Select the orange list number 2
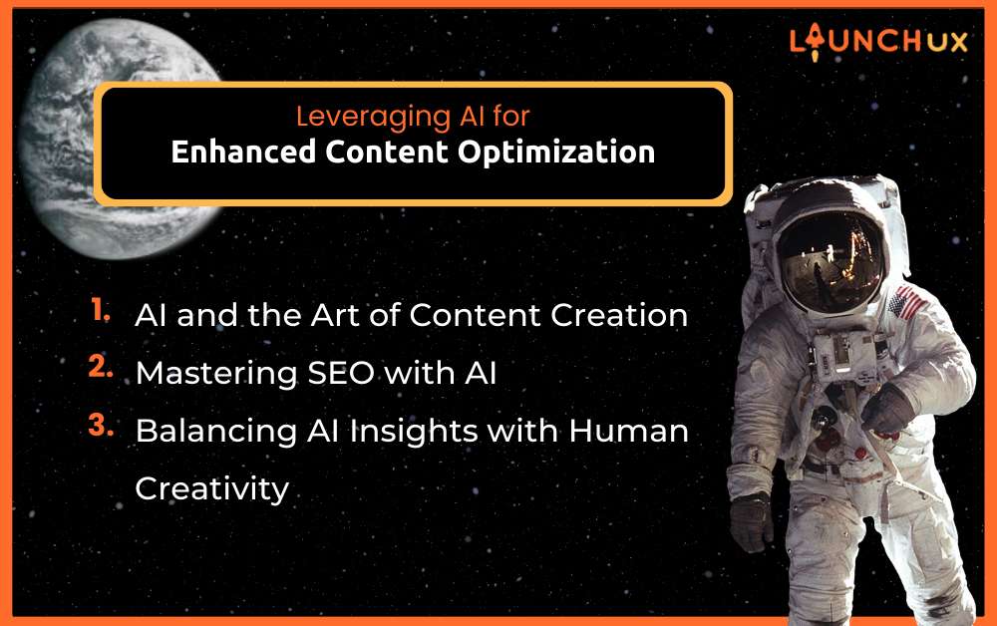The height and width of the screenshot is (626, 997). [x=101, y=367]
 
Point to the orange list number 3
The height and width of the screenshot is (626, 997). [x=101, y=426]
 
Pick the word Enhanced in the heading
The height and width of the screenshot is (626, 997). [x=243, y=152]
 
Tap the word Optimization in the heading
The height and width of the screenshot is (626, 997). [x=556, y=153]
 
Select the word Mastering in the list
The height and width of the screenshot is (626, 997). [x=216, y=374]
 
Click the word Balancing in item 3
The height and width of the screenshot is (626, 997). [x=216, y=432]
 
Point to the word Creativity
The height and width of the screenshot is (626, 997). [x=212, y=488]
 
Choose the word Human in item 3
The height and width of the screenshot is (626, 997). [x=628, y=431]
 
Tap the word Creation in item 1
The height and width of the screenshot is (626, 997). [x=619, y=315]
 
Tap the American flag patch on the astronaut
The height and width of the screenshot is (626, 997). [x=908, y=303]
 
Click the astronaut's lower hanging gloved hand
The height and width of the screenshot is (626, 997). [x=751, y=521]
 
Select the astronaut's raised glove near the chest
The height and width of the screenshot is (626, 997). [x=887, y=410]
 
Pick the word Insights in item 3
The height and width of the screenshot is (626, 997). [x=414, y=432]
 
